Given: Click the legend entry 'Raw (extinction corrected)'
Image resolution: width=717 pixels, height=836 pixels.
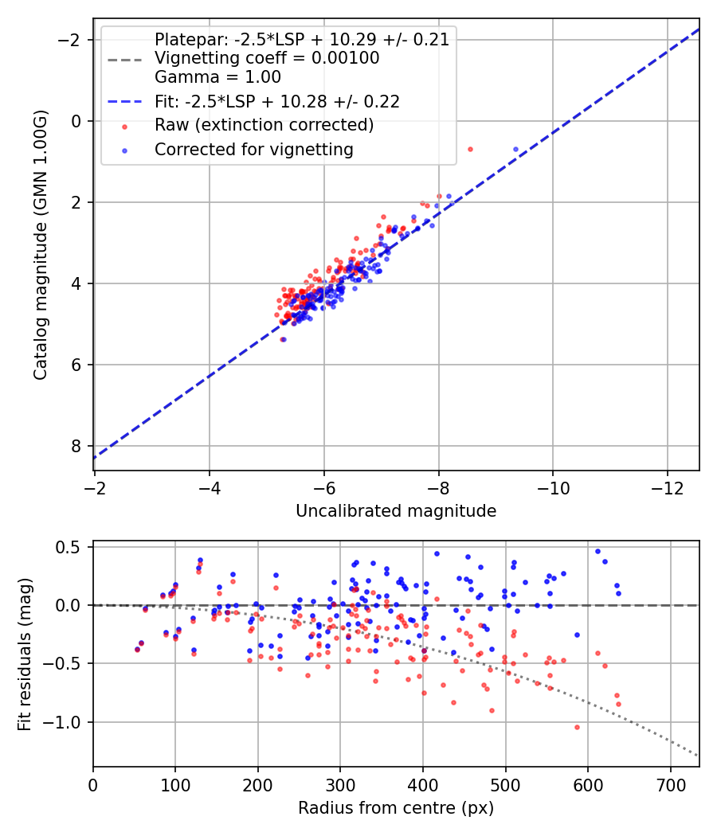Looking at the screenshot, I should point(264,125).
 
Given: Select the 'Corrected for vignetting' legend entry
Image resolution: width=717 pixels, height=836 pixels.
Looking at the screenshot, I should point(253,149).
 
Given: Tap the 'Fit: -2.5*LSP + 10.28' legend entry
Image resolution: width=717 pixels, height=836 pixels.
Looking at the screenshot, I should point(276,101).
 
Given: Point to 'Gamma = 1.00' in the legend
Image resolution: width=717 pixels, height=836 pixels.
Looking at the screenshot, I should point(217,77).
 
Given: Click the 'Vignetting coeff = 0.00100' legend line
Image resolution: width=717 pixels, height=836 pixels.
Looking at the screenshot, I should point(266,58).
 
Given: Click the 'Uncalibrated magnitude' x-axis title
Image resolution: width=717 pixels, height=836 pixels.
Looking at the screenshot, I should point(396,511).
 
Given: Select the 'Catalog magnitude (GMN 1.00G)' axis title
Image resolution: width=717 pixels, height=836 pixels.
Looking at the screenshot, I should point(41,244).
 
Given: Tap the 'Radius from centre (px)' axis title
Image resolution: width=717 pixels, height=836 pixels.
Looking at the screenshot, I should point(396,808).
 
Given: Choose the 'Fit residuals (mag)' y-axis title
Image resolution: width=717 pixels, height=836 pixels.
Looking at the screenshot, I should point(25,654).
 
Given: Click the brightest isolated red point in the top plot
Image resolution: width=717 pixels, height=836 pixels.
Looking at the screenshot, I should point(470,149).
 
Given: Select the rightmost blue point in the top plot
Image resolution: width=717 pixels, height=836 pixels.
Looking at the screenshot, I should point(515,149).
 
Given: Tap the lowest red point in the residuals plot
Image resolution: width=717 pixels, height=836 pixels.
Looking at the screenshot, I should point(577,727).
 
